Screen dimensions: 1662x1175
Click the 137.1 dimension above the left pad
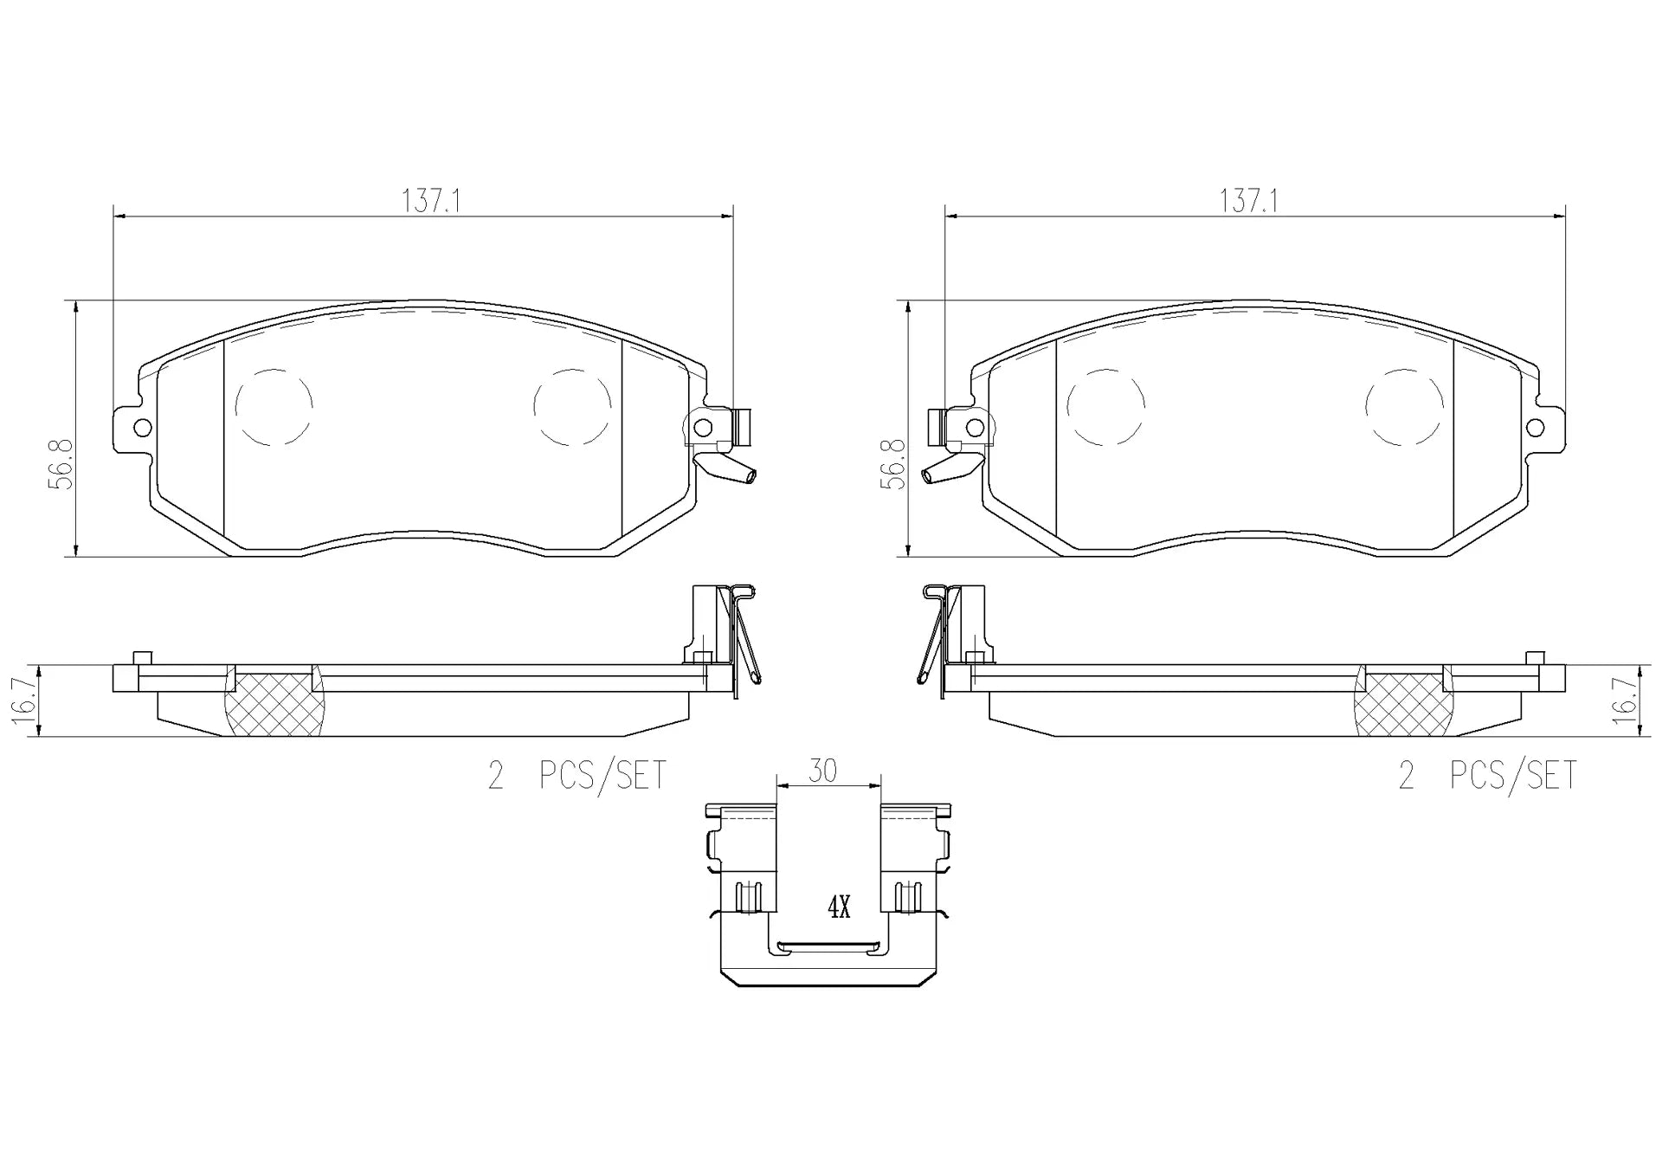point(431,202)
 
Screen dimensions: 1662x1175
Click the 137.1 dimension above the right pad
point(1249,202)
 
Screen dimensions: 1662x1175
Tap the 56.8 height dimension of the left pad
point(61,464)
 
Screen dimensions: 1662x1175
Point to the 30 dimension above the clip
point(822,771)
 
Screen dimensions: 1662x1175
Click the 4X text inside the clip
point(840,907)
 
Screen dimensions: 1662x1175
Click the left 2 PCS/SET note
point(577,775)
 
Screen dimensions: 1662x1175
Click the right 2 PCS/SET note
point(1488,775)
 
